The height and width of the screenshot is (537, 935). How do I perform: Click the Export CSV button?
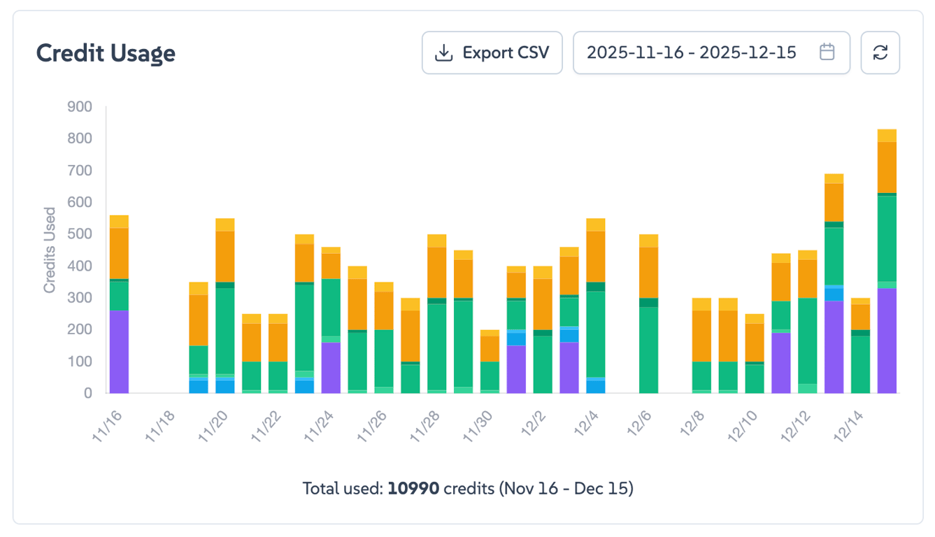click(x=492, y=52)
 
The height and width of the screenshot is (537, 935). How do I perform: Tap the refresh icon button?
click(x=880, y=52)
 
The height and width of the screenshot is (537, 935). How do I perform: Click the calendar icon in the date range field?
click(x=827, y=52)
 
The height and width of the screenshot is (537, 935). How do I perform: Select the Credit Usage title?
click(x=106, y=53)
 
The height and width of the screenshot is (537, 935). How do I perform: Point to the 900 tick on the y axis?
click(x=80, y=107)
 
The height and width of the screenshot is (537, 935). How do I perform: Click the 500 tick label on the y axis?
click(x=80, y=234)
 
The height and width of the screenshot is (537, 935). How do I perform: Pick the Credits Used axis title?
click(x=50, y=250)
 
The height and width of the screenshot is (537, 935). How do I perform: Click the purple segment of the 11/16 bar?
click(x=119, y=352)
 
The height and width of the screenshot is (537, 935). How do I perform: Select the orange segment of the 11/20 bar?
click(x=225, y=256)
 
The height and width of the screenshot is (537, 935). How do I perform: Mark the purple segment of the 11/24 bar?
click(x=331, y=368)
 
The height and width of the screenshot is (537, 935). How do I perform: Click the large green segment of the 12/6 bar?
click(x=649, y=350)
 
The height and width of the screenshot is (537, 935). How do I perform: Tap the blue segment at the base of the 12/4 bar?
click(x=596, y=387)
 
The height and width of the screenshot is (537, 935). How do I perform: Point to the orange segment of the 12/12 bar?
click(x=808, y=278)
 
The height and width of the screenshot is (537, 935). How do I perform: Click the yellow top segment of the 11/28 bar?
click(x=437, y=241)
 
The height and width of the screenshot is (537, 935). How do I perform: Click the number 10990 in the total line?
click(x=414, y=488)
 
